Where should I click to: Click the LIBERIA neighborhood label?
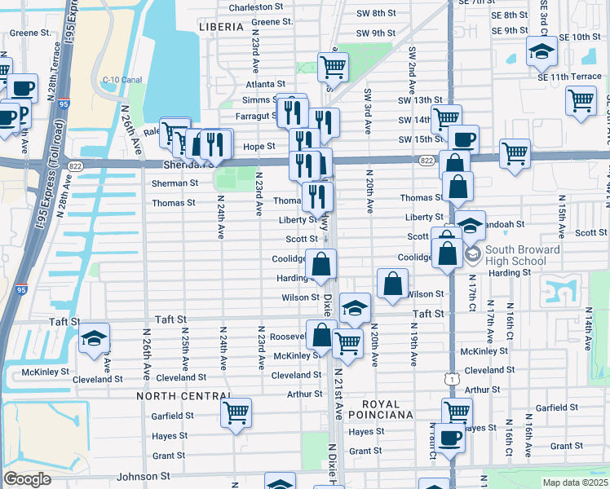point(221,27)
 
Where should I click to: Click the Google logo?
point(27,479)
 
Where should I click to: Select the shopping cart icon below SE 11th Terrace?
point(581,100)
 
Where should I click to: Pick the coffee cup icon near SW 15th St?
point(463,139)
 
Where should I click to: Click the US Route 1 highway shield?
point(452,379)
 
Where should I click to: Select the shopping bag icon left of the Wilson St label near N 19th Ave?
point(393,284)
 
